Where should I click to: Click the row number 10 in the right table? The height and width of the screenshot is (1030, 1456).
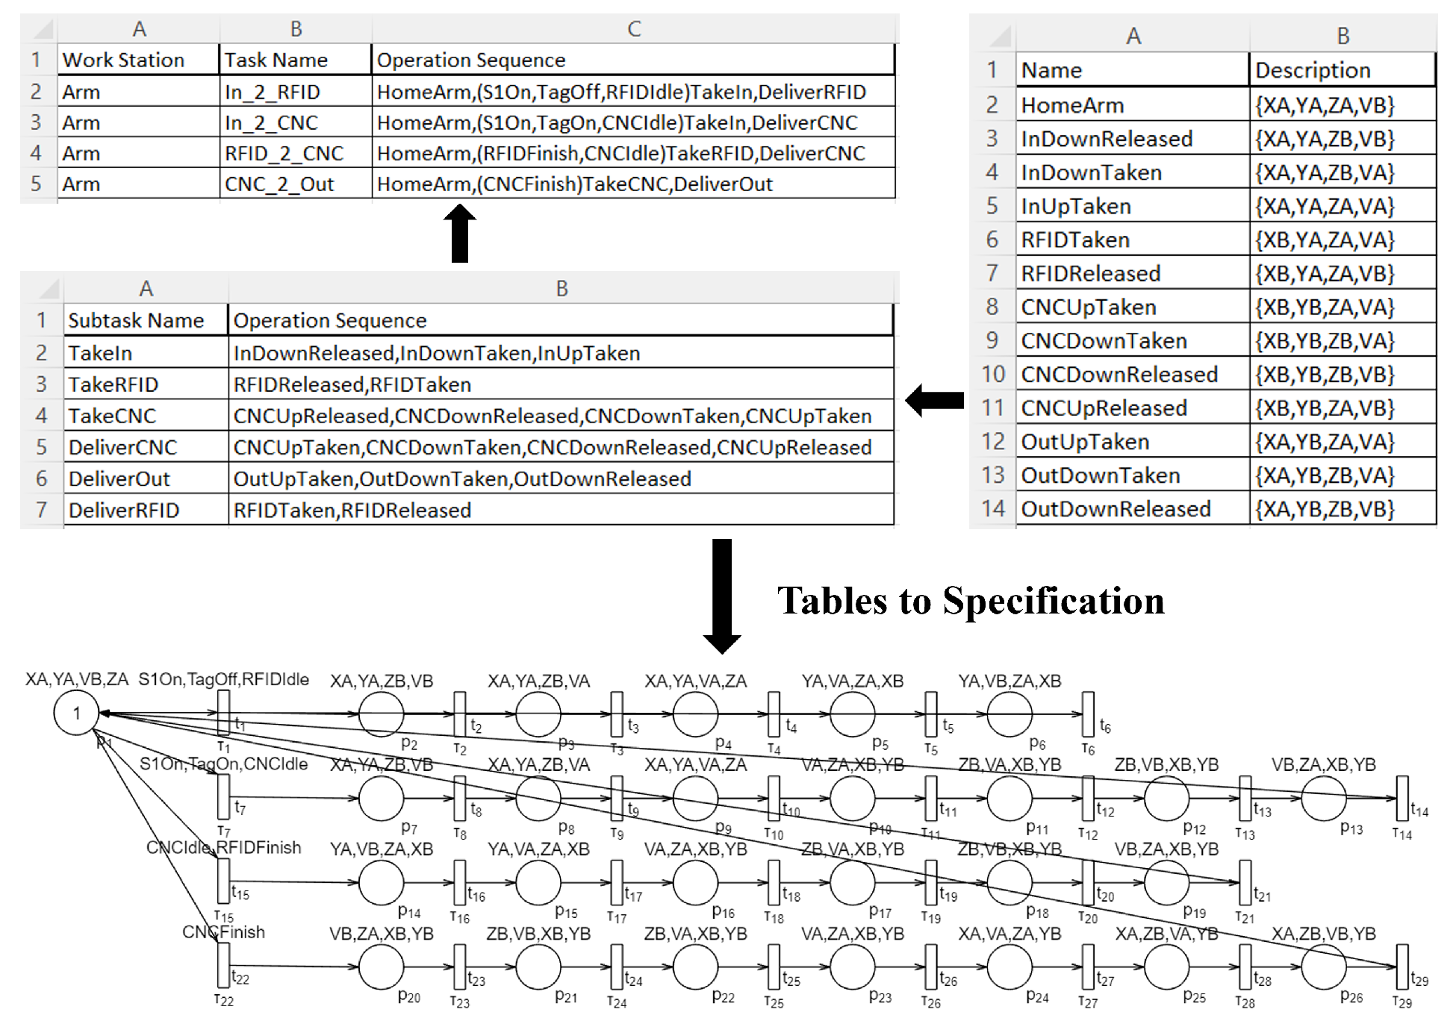992,374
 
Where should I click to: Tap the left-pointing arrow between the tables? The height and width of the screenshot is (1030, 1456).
935,400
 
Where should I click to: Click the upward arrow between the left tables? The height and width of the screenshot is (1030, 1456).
460,233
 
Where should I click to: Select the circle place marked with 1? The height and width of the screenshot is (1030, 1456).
76,714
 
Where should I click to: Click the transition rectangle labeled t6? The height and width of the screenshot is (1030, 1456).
1088,714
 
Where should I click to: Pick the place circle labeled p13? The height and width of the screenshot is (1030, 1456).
1323,798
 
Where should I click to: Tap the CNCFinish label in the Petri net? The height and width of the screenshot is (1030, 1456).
223,932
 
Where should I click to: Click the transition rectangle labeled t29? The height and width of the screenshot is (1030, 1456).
1401,967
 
